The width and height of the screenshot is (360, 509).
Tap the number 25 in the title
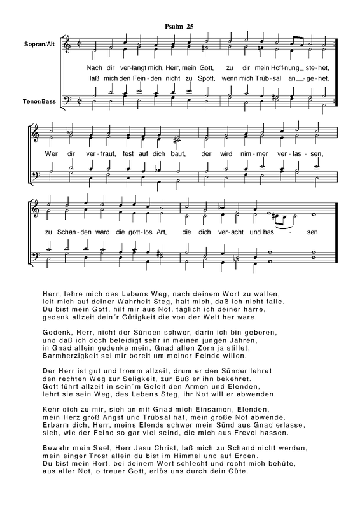pos(190,26)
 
